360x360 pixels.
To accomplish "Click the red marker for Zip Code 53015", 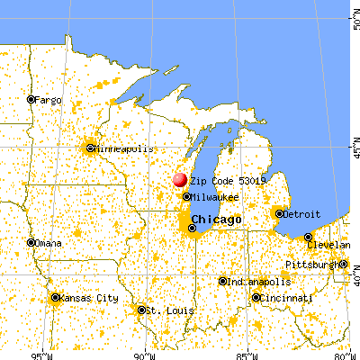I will pos(180,181).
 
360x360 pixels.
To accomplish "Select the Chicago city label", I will pos(216,220).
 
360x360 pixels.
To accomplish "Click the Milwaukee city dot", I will pos(186,196).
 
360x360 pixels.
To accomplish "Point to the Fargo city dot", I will pos(31,100).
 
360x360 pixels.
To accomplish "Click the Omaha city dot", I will pos(31,242).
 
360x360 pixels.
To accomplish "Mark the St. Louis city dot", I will pos(141,310).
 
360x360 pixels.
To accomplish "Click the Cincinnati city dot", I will pos(256,297).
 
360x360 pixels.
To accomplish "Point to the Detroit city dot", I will pos(278,213).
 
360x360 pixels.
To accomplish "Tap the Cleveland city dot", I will pos(309,237).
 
